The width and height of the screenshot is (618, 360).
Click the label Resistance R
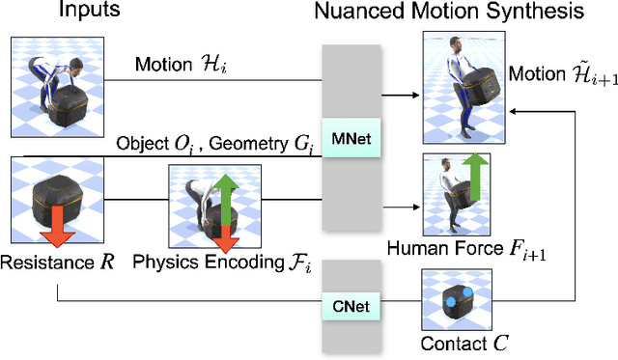[x=55, y=263]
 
